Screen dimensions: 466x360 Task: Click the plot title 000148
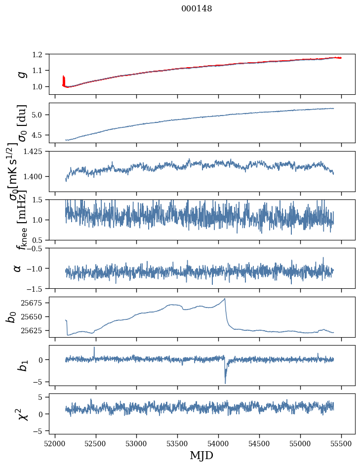click(x=197, y=9)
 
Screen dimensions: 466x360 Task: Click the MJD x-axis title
click(x=201, y=455)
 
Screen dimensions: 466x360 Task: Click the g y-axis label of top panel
click(x=21, y=74)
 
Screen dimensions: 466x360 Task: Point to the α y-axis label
click(x=17, y=268)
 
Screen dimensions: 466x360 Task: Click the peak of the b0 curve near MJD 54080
click(x=225, y=299)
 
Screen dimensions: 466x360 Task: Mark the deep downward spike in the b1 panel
click(x=225, y=383)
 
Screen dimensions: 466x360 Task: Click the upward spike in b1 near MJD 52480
click(x=94, y=348)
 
